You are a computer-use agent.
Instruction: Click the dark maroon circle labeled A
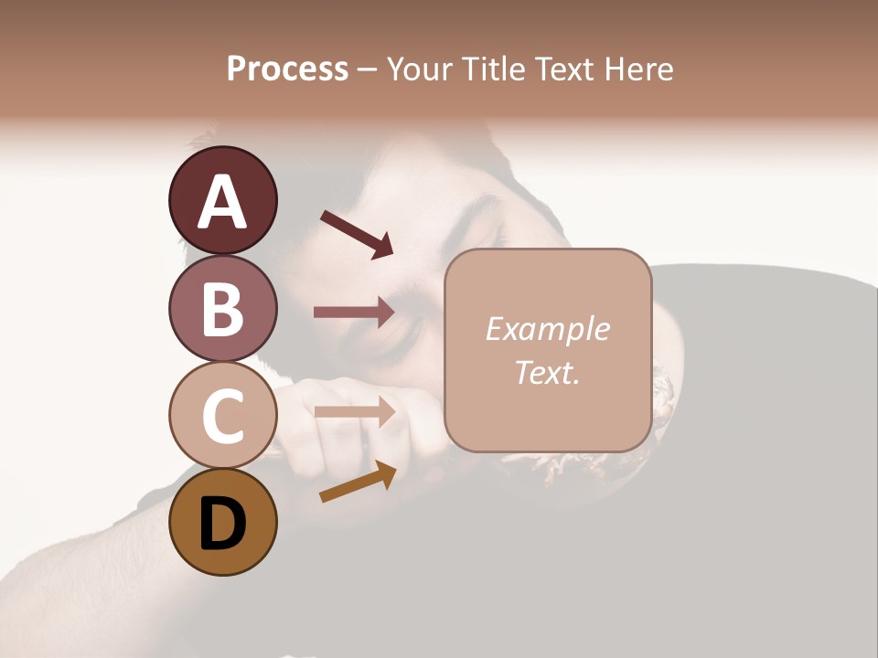click(222, 200)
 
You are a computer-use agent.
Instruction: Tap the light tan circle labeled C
click(222, 415)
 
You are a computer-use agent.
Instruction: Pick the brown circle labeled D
click(222, 522)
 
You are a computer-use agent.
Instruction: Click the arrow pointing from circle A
click(357, 234)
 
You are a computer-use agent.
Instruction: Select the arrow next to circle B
click(354, 313)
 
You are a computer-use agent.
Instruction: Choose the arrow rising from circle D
click(358, 483)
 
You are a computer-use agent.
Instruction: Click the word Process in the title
click(287, 69)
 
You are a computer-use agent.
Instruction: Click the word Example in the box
click(547, 329)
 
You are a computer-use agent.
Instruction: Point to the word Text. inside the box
click(547, 372)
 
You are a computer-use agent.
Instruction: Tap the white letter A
click(222, 202)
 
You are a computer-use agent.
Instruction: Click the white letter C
click(222, 416)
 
